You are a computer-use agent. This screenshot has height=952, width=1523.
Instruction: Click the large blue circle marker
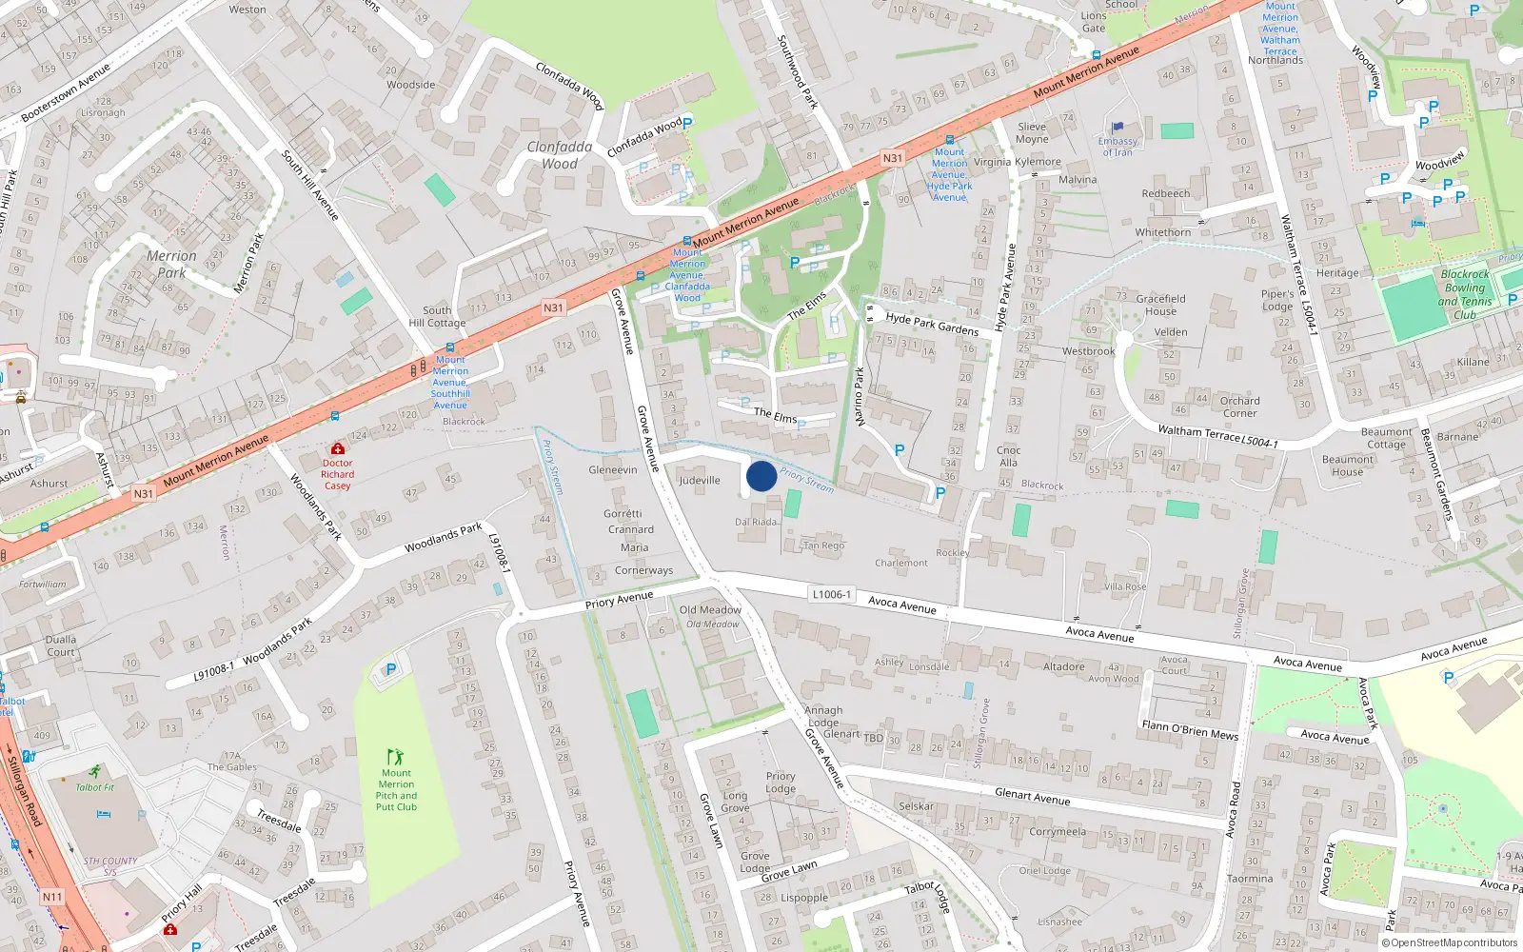[x=761, y=476]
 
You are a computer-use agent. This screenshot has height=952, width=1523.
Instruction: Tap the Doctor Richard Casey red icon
[x=337, y=448]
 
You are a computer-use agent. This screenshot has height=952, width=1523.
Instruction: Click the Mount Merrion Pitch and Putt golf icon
[x=395, y=757]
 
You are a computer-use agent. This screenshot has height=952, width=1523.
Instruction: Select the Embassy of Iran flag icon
[x=1118, y=127]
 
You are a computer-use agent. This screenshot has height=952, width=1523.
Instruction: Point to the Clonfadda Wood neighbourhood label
[x=560, y=155]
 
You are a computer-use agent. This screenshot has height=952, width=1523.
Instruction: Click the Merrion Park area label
[x=171, y=264]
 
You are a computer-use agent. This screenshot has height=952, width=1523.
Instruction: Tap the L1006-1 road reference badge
[x=831, y=594]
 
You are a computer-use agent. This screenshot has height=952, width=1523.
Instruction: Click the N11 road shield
[x=52, y=897]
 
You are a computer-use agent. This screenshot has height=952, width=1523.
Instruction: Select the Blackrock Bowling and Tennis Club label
[x=1464, y=294]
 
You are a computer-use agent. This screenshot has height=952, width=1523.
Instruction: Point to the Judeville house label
[x=700, y=480]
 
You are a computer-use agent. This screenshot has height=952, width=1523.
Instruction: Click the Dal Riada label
[x=756, y=522]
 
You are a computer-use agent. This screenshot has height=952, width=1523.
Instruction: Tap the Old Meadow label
[x=710, y=610]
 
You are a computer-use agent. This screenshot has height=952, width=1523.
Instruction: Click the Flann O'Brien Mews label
[x=1190, y=729]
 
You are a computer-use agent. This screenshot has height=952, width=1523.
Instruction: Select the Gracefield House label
[x=1160, y=305]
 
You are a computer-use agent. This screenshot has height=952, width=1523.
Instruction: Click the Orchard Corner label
[x=1239, y=407]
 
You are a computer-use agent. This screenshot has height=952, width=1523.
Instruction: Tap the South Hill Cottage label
[x=437, y=316]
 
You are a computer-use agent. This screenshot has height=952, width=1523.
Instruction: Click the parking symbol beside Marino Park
[x=899, y=450]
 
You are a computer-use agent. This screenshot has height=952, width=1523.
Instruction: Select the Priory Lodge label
[x=781, y=782]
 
